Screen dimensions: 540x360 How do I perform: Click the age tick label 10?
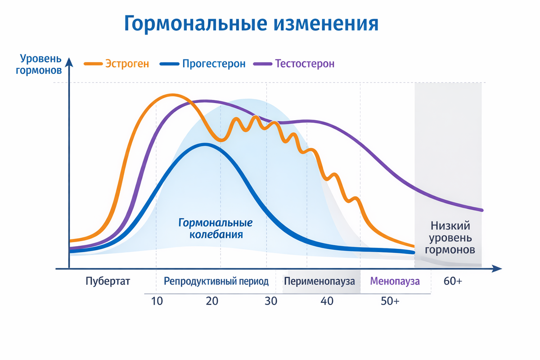pos(157,301)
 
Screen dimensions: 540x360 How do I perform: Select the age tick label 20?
pos(212,301)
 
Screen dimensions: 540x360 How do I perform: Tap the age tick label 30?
pos(270,301)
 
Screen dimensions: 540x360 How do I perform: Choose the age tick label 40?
pos(327,301)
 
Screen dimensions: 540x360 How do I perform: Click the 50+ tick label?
pos(390,301)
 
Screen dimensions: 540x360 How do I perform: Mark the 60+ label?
pos(453,282)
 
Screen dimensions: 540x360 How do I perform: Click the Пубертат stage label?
pos(108,282)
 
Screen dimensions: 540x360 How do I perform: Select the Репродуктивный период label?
pos(216,282)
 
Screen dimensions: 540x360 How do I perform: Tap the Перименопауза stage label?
pos(319,282)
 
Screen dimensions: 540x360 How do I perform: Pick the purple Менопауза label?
pos(395,282)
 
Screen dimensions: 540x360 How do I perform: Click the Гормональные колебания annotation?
pos(216,229)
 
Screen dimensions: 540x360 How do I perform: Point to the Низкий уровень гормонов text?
pos(450,238)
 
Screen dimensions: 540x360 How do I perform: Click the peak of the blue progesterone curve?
pos(205,144)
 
